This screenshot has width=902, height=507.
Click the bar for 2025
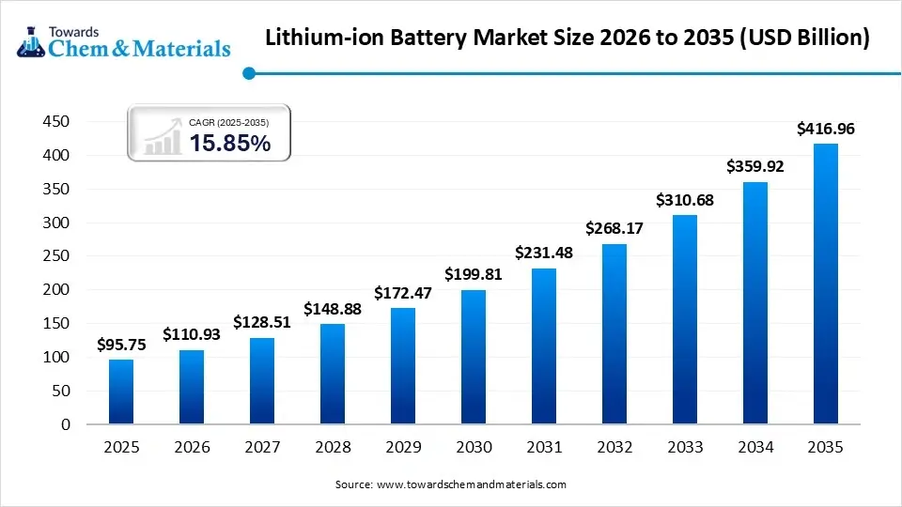121,392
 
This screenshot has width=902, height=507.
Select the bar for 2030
474,357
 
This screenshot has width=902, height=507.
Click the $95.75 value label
120,346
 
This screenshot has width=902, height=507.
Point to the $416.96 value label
825,129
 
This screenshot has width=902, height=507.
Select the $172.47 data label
402,293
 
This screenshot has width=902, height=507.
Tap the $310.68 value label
684,200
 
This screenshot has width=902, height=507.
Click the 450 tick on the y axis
58,122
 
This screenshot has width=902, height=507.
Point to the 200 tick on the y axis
58,290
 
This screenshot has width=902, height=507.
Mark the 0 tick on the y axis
66,424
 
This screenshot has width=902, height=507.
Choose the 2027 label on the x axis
262,448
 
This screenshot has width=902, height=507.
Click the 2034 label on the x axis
755,448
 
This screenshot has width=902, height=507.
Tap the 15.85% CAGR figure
230,143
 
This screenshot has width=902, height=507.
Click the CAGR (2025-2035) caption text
228,122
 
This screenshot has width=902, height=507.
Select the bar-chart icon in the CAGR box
163,136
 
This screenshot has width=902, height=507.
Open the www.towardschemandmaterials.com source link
471,484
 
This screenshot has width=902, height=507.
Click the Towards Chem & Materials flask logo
29,38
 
